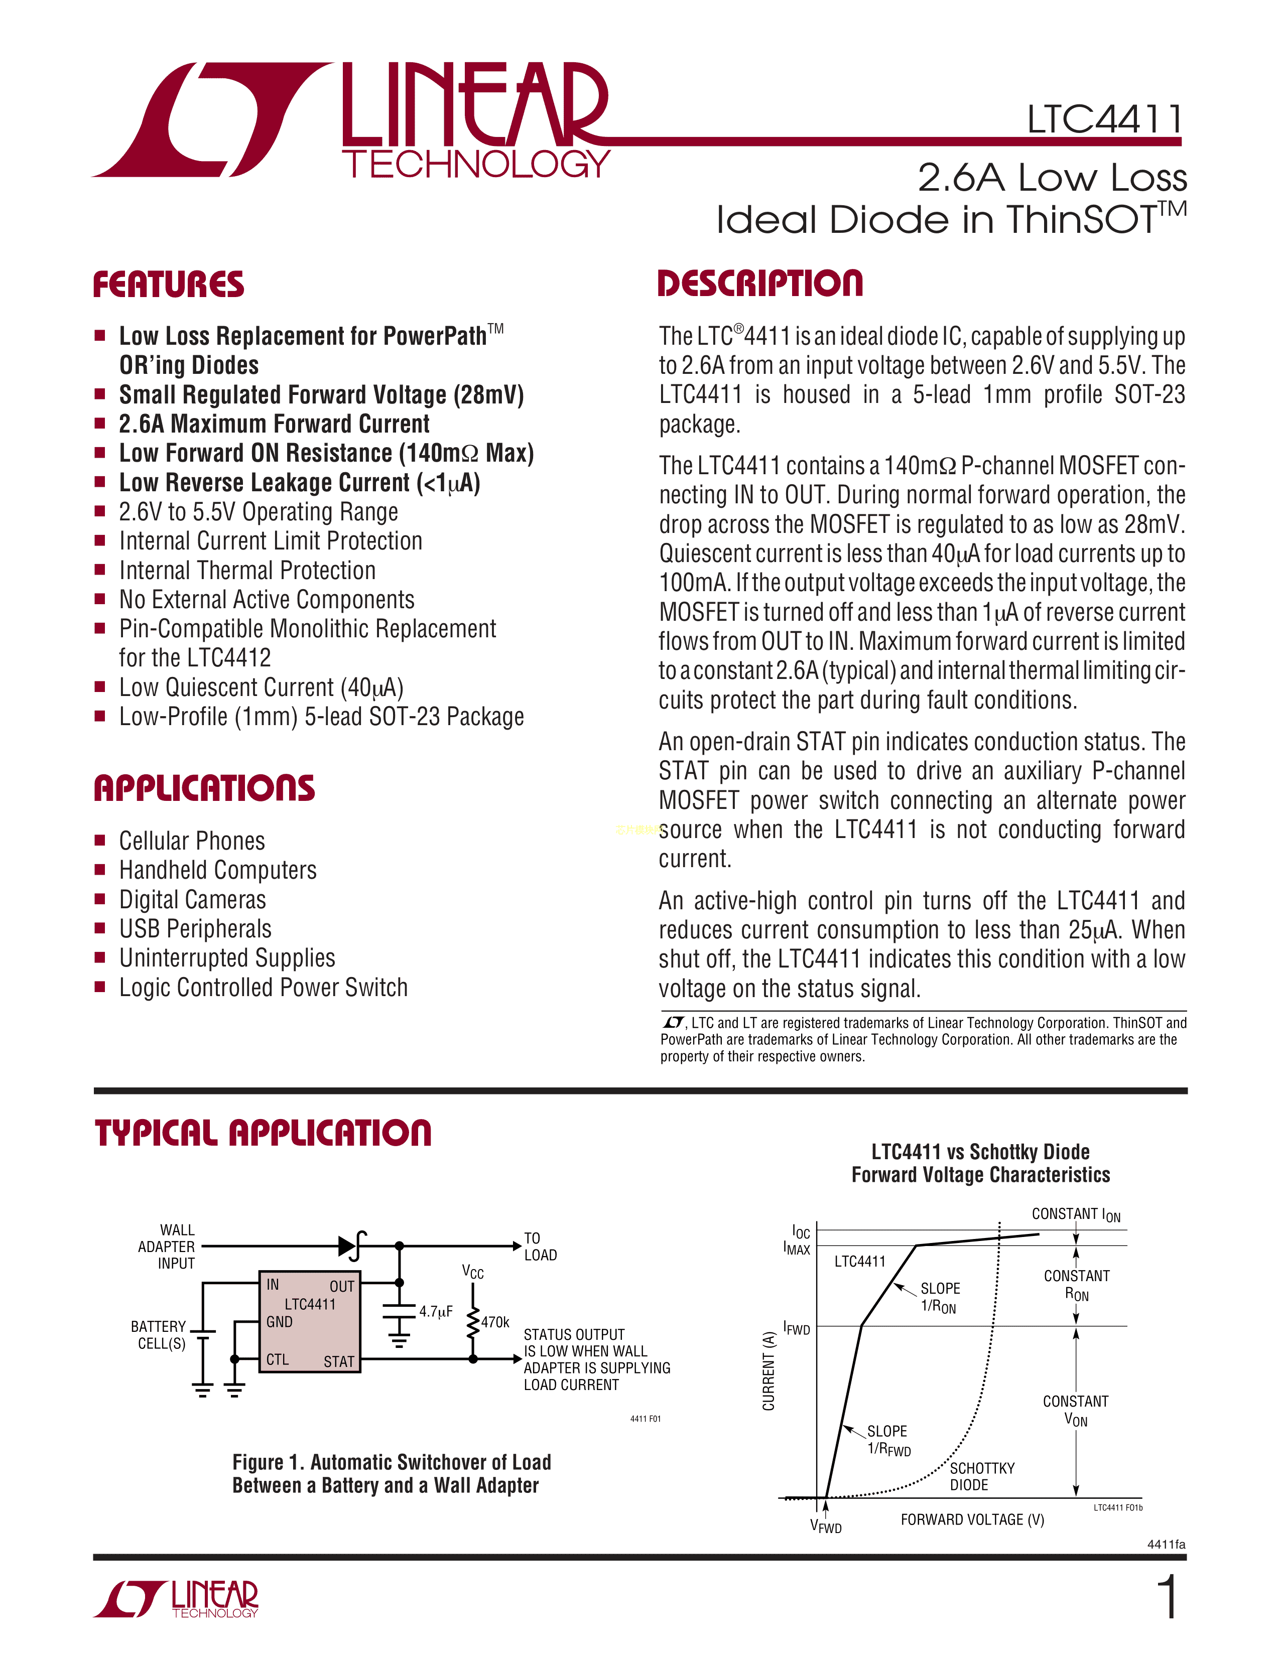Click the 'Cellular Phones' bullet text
(192, 841)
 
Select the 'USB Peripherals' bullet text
(195, 929)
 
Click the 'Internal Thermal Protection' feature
(247, 570)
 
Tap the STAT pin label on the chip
(338, 1362)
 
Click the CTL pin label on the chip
(278, 1359)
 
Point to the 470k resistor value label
(495, 1322)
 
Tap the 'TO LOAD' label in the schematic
(540, 1247)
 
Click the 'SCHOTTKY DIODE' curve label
(982, 1476)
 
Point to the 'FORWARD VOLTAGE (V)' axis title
(972, 1520)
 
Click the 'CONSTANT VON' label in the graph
(1075, 1410)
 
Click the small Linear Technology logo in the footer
(177, 1600)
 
